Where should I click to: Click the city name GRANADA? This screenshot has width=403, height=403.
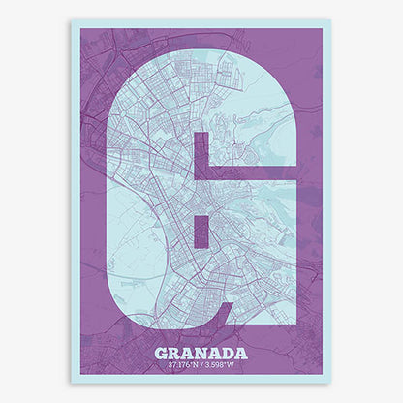(201, 353)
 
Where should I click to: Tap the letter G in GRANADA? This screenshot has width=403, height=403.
(161, 353)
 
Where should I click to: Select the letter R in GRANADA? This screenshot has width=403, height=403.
(174, 353)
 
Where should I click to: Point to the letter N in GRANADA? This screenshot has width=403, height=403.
(201, 353)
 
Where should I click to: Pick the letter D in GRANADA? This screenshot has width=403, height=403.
(228, 353)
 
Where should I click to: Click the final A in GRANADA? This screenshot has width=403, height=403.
(241, 353)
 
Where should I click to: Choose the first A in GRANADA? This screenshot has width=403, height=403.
(188, 353)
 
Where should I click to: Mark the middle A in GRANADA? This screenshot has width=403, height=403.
(215, 353)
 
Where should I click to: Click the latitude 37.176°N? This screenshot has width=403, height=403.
(183, 365)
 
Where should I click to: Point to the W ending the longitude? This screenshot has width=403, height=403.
(232, 365)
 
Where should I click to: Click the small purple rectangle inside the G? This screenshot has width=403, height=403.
(201, 220)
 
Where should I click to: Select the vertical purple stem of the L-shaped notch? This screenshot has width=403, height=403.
(201, 155)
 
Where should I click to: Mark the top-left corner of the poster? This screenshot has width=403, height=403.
(72, 20)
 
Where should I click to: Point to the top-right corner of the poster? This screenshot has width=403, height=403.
(330, 20)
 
